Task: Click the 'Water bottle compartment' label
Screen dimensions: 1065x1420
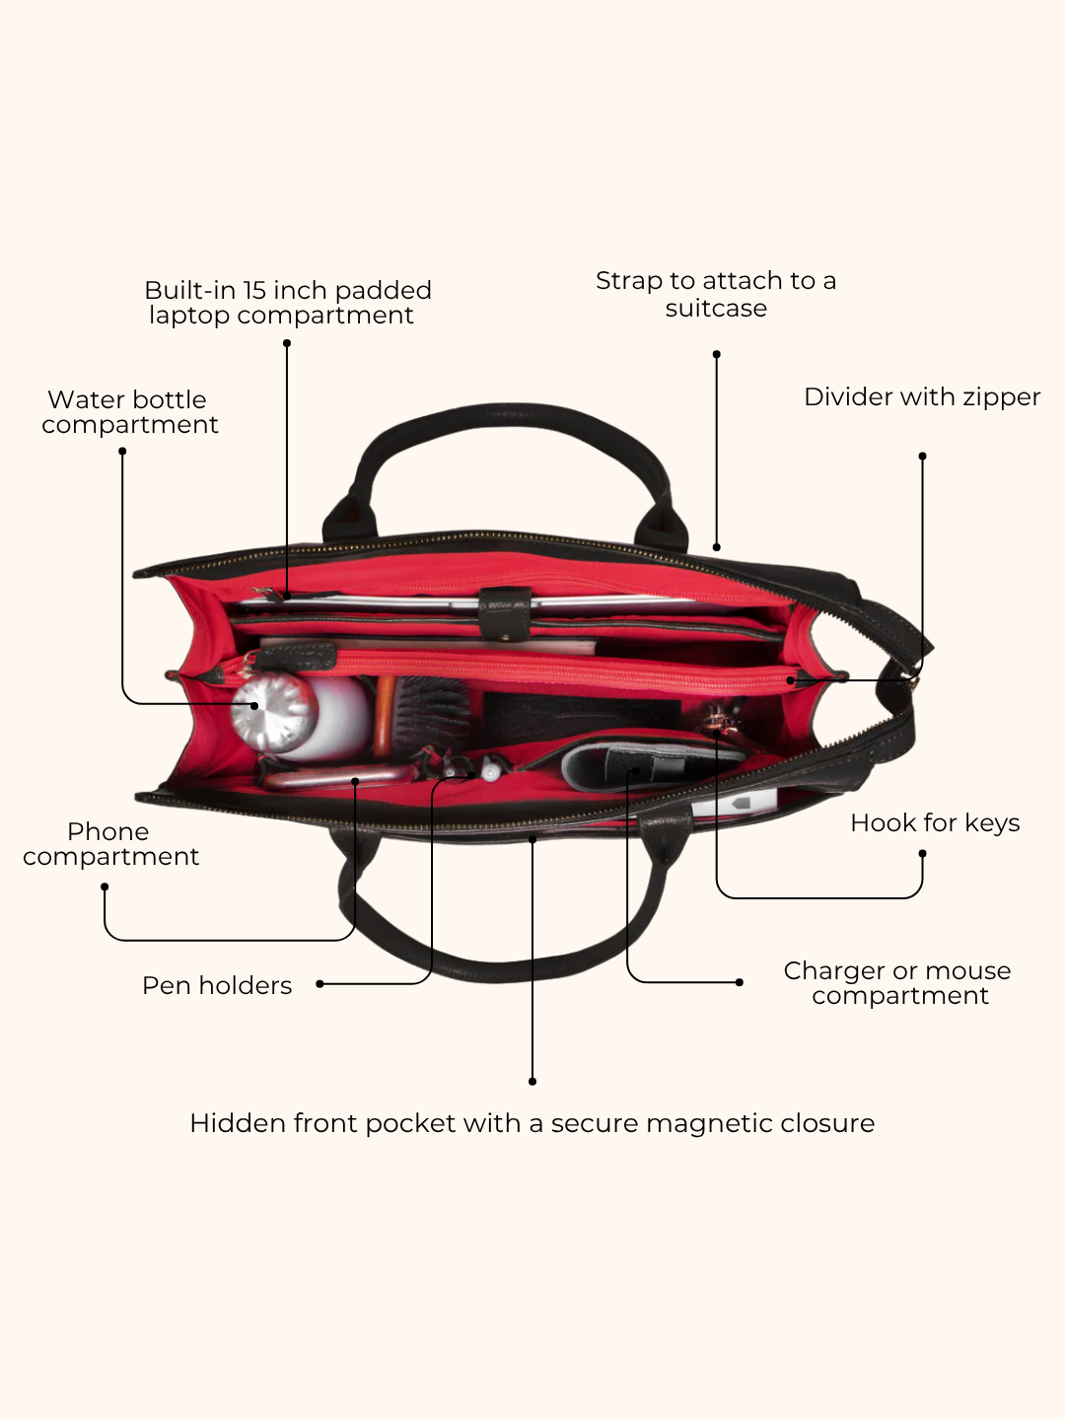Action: (130, 412)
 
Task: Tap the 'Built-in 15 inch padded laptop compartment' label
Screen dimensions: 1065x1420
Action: (287, 303)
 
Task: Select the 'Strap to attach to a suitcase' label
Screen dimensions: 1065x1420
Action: (716, 294)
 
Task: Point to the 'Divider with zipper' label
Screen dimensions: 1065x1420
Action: (922, 397)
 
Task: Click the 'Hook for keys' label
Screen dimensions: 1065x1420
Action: (935, 822)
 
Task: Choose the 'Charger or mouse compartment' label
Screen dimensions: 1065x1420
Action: (897, 983)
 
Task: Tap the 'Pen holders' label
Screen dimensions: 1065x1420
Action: (217, 986)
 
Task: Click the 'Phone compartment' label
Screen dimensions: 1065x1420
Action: (110, 844)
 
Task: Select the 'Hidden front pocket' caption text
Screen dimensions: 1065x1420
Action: (532, 1124)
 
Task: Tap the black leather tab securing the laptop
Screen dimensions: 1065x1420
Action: (505, 614)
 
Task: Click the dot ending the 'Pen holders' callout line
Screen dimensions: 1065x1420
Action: (319, 984)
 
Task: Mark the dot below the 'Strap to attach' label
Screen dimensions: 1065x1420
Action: (717, 355)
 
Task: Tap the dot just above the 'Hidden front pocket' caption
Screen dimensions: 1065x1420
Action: (532, 1082)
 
